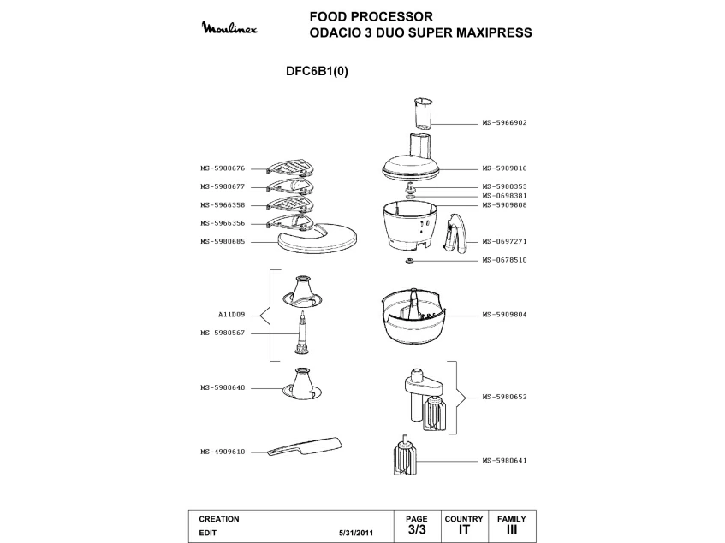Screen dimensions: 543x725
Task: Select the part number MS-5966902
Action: coord(504,122)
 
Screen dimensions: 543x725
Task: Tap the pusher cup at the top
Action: coord(422,113)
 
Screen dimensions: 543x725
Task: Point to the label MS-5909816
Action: coord(504,168)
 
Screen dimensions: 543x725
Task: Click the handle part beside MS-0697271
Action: coord(455,233)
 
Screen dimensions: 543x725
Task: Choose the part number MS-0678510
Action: coord(504,260)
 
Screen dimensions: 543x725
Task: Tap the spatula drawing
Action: coord(304,447)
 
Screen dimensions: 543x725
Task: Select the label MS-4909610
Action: coord(223,452)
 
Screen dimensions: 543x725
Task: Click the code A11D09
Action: coord(232,315)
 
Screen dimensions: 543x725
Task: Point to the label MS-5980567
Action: coord(223,333)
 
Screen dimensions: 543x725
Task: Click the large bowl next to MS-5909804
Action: coord(413,318)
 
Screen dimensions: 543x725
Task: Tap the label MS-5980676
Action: coord(223,168)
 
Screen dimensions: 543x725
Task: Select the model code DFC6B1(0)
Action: coord(317,72)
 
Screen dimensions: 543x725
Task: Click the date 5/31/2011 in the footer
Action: coord(357,532)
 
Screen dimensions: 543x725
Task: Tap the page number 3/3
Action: coord(417,530)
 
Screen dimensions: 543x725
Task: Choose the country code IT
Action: coord(464,530)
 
